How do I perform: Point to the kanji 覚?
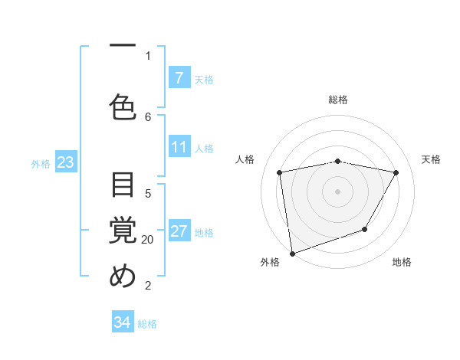(x=123, y=231)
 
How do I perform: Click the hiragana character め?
(x=123, y=277)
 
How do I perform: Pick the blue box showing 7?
(x=179, y=78)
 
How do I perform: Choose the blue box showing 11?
(x=179, y=147)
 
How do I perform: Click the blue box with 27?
(x=179, y=231)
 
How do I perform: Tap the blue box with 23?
(x=65, y=162)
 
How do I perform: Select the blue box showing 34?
(x=123, y=322)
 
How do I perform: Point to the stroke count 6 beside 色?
(x=148, y=116)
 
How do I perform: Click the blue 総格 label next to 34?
(x=147, y=324)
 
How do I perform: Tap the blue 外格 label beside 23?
(x=41, y=163)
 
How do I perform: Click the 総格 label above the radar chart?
(x=338, y=100)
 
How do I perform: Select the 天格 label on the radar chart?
(x=431, y=159)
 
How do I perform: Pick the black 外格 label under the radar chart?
(x=270, y=263)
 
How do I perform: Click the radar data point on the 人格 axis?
(x=280, y=172)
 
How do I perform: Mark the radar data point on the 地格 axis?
(x=365, y=229)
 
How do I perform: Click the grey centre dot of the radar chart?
(x=338, y=191)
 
